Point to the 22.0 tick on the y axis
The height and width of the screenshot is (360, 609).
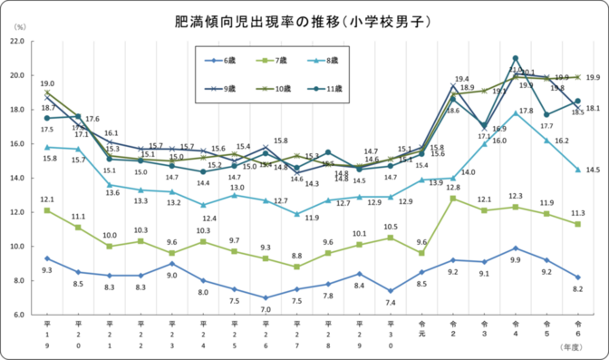click(x=17, y=42)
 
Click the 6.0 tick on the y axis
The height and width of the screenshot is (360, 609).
click(x=19, y=315)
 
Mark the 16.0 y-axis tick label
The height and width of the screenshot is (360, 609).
click(x=17, y=144)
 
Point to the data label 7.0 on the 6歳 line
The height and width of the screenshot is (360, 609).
click(x=266, y=310)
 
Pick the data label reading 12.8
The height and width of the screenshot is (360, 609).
click(x=453, y=187)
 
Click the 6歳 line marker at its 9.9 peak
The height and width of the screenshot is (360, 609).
click(x=515, y=248)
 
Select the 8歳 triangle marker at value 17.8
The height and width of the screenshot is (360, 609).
click(x=515, y=113)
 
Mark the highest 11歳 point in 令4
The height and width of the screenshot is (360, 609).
click(x=515, y=58)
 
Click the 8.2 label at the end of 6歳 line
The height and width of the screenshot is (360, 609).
click(x=577, y=289)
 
